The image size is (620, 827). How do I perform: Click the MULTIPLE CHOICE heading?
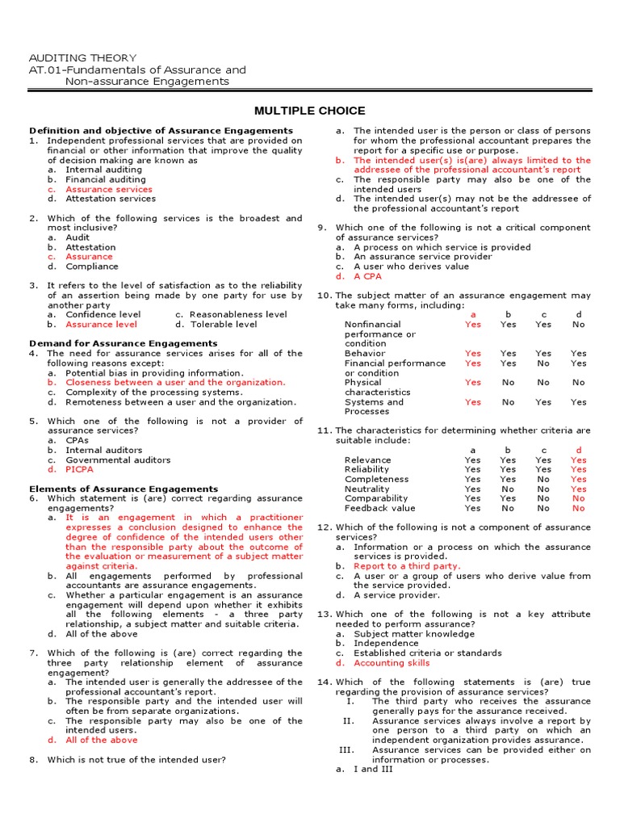click(310, 111)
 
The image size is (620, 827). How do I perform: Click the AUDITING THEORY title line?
click(82, 58)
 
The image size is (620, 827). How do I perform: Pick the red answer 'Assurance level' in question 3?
click(101, 325)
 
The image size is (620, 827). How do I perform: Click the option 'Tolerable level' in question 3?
click(223, 325)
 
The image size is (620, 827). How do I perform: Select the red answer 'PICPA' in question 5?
click(82, 469)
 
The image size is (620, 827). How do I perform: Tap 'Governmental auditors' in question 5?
click(118, 460)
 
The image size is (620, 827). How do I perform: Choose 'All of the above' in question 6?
click(102, 634)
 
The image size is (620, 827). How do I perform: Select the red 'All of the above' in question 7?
click(102, 740)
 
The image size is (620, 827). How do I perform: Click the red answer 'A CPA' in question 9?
click(367, 276)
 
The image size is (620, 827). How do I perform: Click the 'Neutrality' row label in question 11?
click(367, 489)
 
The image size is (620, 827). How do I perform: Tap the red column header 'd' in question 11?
click(578, 450)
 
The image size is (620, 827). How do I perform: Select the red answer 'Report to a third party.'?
click(407, 566)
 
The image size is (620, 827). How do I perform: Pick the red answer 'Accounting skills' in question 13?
click(392, 663)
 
